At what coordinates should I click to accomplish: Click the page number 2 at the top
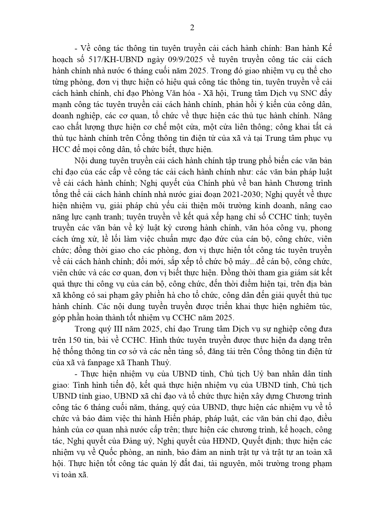click(x=192, y=28)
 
